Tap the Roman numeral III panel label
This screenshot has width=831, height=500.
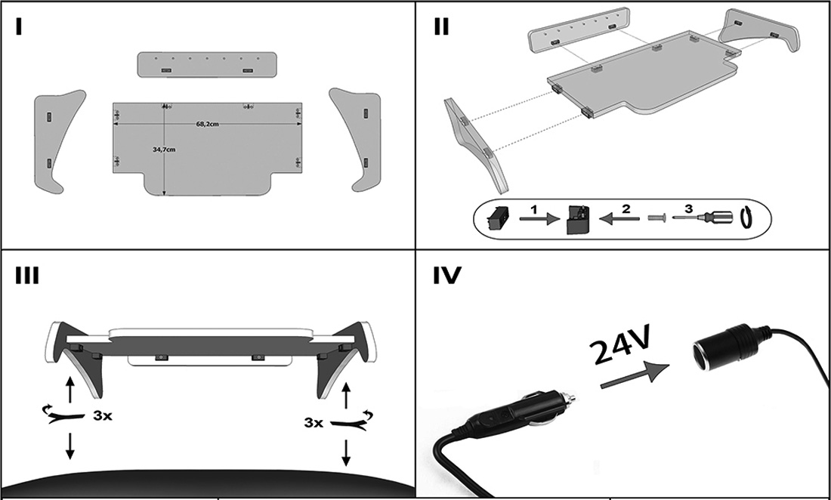27,276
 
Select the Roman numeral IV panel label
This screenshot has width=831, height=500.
446,276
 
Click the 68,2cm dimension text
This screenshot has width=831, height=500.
207,125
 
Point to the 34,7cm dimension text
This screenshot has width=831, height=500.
164,150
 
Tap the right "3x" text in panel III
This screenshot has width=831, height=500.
313,422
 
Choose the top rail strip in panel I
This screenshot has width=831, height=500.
206,63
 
